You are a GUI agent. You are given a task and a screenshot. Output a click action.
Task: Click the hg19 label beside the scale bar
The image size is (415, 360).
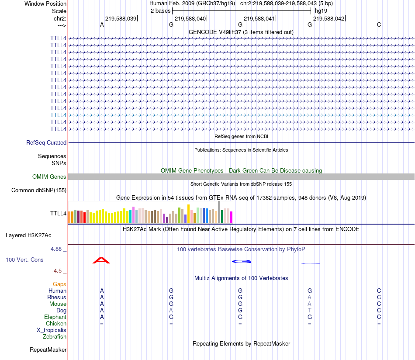tap(321, 10)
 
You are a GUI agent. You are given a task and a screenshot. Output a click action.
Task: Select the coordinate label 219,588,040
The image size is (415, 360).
tap(190, 18)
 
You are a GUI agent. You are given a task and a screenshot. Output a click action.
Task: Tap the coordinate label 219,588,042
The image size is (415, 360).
tap(329, 18)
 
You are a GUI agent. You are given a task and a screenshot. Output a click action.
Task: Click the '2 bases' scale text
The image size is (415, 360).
tap(160, 10)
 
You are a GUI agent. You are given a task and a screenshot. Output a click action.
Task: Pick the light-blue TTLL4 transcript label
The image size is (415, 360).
tap(58, 115)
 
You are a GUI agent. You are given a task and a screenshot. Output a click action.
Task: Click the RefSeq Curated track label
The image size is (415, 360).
tap(46, 142)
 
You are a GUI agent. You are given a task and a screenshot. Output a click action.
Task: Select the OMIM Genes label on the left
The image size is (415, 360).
tap(49, 177)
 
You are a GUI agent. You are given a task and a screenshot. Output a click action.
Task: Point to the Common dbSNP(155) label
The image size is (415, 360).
tap(39, 190)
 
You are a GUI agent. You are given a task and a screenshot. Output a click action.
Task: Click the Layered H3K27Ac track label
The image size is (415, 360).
tap(28, 235)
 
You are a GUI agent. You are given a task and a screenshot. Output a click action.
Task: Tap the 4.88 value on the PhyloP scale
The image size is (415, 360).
tap(57, 249)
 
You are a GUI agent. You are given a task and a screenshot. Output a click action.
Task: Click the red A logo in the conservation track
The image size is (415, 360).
tap(101, 261)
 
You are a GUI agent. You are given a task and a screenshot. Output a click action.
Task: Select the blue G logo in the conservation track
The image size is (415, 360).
tap(241, 261)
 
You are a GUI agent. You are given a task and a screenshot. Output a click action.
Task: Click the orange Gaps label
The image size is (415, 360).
tap(59, 284)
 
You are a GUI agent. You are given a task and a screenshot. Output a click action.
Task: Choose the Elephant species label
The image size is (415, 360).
tap(55, 317)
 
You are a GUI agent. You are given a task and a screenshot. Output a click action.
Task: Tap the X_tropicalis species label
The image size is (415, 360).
tap(52, 330)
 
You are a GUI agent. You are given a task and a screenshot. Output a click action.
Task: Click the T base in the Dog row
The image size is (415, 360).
tap(309, 310)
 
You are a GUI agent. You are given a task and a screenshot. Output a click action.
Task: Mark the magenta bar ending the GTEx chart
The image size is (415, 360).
tap(232, 217)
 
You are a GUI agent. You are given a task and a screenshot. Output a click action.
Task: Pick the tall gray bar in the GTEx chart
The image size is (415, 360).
tap(219, 212)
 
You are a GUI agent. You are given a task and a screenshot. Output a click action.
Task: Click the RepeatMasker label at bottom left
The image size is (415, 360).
tap(48, 350)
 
